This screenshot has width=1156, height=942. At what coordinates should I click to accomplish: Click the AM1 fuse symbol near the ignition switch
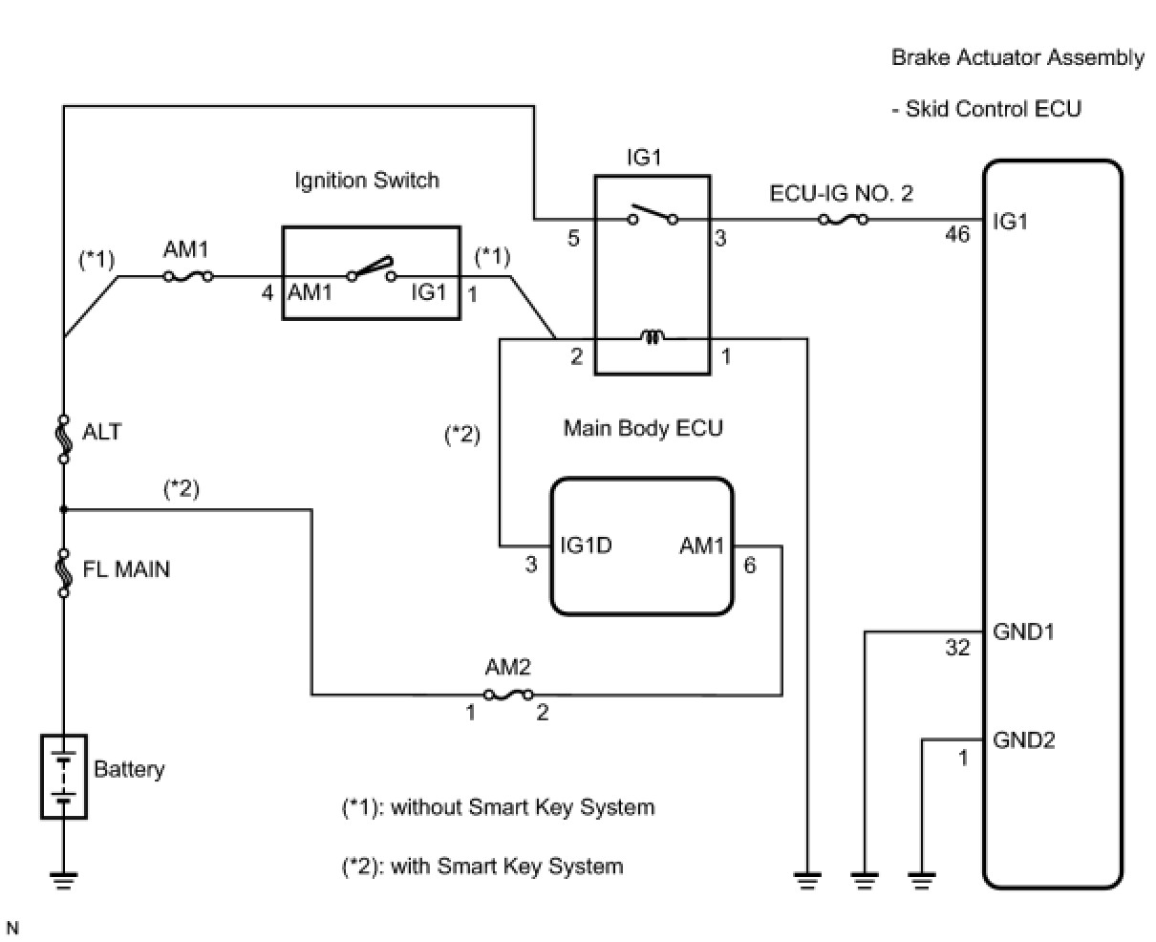(x=187, y=277)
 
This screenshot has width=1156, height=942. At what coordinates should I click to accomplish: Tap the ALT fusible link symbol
(x=64, y=439)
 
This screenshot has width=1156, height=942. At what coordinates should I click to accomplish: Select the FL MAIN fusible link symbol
(x=64, y=572)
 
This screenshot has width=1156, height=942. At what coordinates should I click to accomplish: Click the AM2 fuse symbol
(x=508, y=695)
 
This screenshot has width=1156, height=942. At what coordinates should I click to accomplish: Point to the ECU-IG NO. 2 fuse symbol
(x=844, y=220)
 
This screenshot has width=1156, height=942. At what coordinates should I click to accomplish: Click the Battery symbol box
(x=64, y=776)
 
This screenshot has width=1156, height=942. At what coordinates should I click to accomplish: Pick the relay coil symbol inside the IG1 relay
(x=653, y=337)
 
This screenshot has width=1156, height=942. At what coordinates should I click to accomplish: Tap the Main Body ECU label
(x=643, y=428)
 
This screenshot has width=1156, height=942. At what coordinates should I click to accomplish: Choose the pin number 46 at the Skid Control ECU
(x=956, y=232)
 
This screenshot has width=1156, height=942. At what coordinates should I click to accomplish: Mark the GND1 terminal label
(x=1024, y=632)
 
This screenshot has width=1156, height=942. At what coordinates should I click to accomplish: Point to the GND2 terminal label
(x=1024, y=739)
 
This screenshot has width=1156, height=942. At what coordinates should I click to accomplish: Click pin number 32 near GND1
(x=957, y=649)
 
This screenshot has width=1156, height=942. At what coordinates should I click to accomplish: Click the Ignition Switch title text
(x=367, y=181)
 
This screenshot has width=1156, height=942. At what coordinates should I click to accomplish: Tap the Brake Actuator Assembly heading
(x=1017, y=57)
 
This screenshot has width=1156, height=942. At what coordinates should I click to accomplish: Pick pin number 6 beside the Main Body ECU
(x=749, y=565)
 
